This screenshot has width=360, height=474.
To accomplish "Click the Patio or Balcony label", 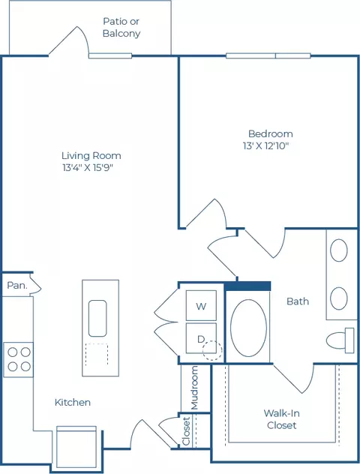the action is point(121,27).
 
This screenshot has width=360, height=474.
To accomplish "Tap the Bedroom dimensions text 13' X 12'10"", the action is point(266,146).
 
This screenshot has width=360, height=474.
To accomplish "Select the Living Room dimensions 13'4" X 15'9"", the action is point(88,167).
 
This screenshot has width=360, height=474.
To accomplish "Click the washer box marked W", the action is point(201,305).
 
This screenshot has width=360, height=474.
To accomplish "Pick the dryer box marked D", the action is point(201,338).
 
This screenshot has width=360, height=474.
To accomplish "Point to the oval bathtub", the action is point(248,328).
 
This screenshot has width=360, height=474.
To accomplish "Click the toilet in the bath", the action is point(340,340).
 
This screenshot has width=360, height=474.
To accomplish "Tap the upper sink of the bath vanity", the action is point(339,250).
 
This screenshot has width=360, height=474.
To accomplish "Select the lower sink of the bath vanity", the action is point(339,298).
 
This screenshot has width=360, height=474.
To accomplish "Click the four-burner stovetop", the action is point(19,359).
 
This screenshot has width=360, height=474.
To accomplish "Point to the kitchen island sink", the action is point(97,318).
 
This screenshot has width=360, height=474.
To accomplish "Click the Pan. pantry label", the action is point(17,285).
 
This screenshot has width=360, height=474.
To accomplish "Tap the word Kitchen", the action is point(73,402).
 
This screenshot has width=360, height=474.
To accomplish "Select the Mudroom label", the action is point(195,388).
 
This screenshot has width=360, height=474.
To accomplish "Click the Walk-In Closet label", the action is point(281,419).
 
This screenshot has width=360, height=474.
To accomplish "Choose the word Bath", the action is point(298,301).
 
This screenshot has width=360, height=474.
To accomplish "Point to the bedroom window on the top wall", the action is point(268,56).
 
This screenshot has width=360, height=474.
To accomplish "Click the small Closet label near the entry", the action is point(186,431).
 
